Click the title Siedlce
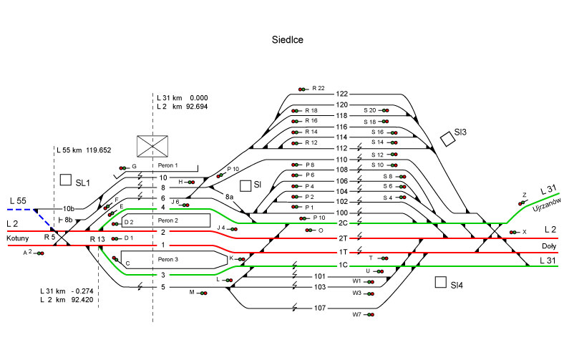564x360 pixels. (x=287, y=40)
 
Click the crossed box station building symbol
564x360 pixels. (x=152, y=146)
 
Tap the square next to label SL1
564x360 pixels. (x=66, y=180)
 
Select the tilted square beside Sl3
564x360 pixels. (x=448, y=138)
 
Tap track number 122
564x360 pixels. (x=341, y=94)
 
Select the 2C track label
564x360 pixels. (x=343, y=224)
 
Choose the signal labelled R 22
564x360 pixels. (x=303, y=89)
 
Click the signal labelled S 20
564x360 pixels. (x=384, y=110)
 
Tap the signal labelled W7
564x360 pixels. (x=371, y=314)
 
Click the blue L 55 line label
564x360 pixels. (x=19, y=201)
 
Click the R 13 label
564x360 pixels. (x=97, y=238)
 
